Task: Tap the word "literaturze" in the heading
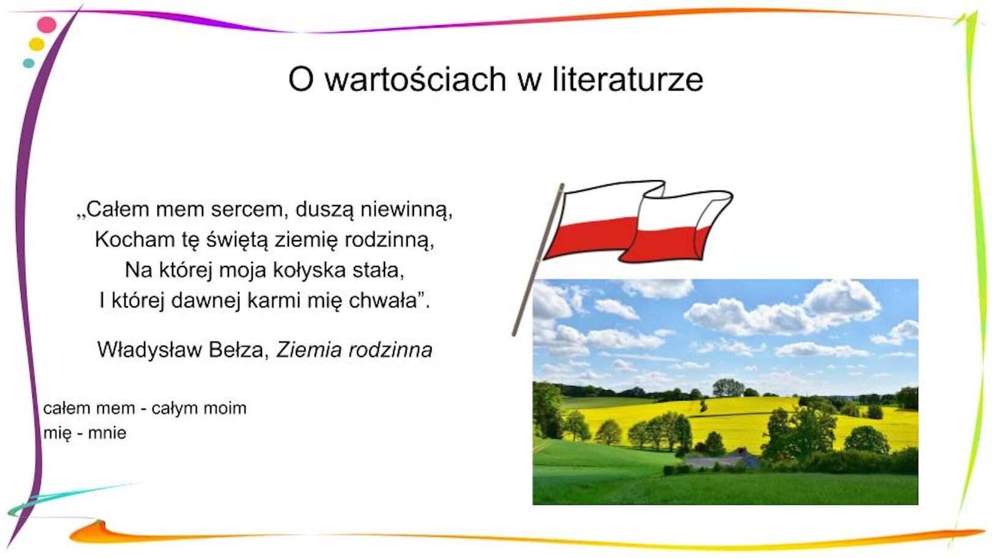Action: pos(628,80)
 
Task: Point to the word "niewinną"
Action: pos(406,209)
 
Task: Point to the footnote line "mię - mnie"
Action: pos(85,433)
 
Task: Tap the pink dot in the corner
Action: pos(47,25)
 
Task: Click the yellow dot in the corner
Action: pos(37,44)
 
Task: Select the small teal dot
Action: pos(28,63)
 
